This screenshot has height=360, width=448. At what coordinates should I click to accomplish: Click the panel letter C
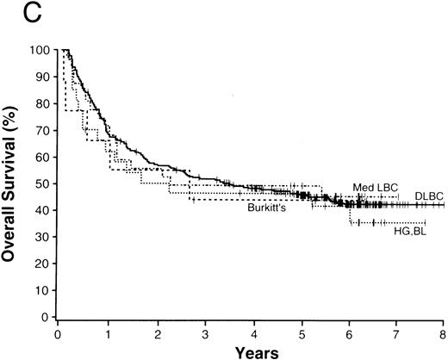[x=12, y=11]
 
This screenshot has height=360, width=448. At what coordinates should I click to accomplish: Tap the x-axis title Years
[x=251, y=351]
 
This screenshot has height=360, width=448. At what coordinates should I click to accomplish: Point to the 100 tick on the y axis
[x=40, y=50]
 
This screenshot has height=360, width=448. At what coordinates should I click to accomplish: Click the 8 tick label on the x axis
[x=444, y=331]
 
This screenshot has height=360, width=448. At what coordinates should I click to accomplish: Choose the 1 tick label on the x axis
[x=108, y=331]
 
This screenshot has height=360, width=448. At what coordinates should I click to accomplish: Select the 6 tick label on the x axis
[x=348, y=331]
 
